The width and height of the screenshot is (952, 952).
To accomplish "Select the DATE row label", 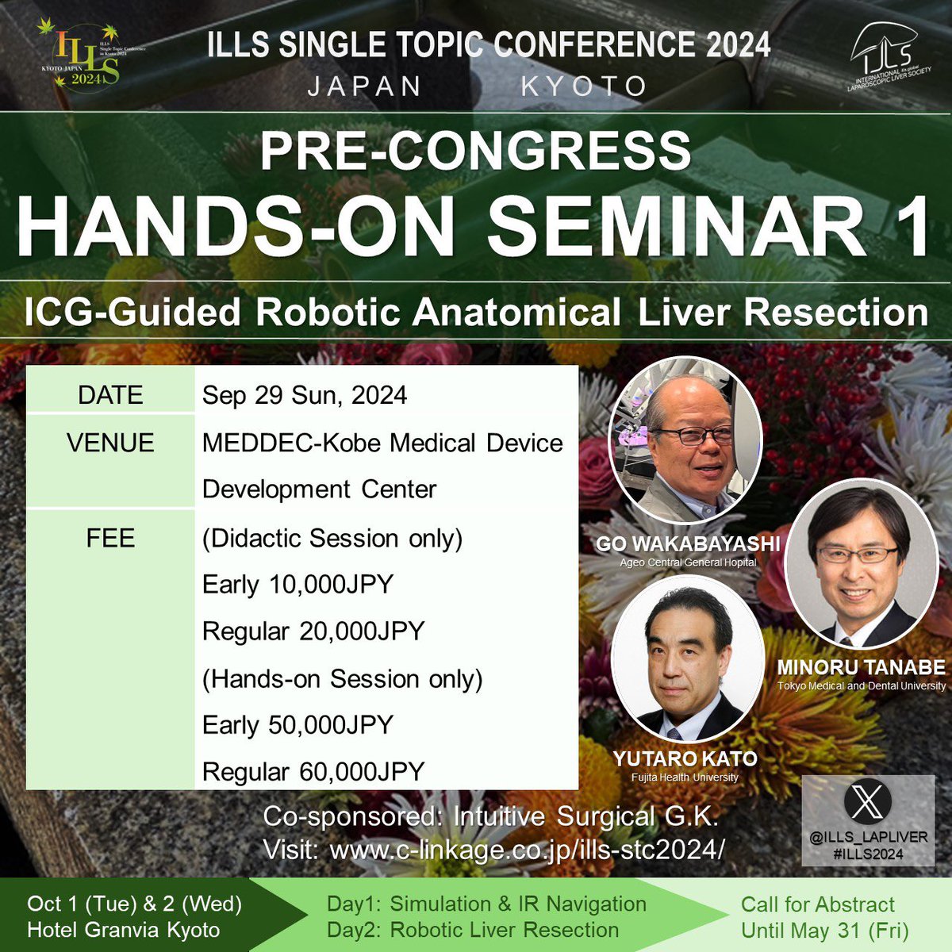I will point(110,395).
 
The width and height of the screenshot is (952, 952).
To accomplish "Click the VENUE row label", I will point(110,443).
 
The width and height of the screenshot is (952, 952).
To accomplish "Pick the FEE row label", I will point(110,538).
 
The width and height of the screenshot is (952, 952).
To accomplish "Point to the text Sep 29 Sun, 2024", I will point(305,395).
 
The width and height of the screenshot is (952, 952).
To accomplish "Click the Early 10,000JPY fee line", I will point(297,585).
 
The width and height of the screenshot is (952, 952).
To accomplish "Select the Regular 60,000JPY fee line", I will point(313,771).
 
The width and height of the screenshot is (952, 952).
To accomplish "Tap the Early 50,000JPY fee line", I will point(297,724).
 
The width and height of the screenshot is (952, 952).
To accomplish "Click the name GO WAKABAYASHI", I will point(688,544).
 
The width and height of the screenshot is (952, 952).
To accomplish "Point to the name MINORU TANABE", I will point(861,667).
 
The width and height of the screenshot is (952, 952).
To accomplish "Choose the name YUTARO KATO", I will point(685,759).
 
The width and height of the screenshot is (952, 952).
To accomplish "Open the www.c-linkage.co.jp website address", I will point(527,850).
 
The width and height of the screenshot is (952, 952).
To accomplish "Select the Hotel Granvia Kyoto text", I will point(123,930).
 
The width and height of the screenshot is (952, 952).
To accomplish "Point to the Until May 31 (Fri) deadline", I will point(825,930).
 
